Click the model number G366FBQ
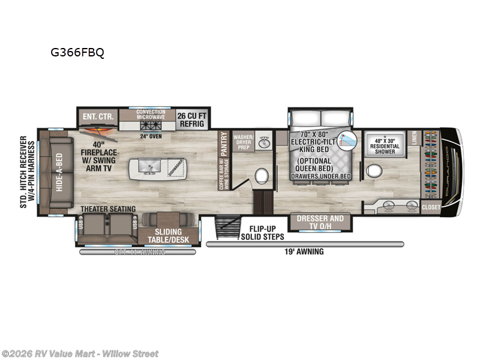coord(77,53)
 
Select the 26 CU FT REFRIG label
coord(191,119)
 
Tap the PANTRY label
coord(224,144)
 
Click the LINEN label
coord(414,140)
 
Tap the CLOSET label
coord(430,208)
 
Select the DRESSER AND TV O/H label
coord(320,222)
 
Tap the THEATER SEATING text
coord(109,209)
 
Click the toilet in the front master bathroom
coord(374,171)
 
